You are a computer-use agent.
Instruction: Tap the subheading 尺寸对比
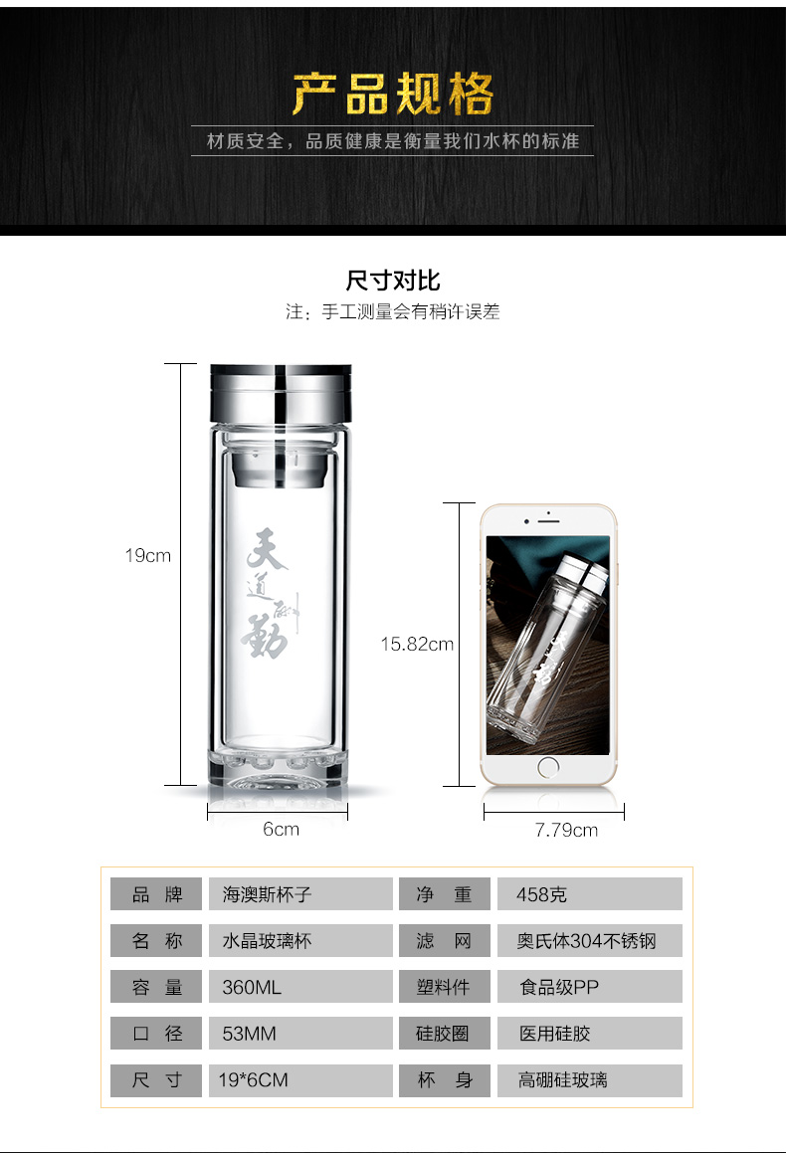393,280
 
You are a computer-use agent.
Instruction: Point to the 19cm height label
147,556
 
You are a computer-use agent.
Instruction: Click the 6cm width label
281,829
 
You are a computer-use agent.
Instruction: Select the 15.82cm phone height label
416,644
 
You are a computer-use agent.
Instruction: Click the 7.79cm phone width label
566,830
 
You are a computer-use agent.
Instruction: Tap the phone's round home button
548,766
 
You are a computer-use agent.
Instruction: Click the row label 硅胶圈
443,1034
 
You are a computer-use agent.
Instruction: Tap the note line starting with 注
393,312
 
